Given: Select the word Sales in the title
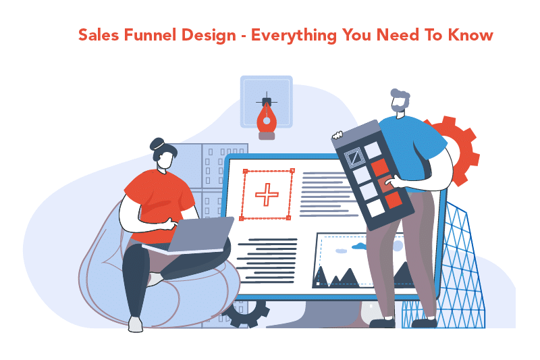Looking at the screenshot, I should (97, 35).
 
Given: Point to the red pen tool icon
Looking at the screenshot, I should (267, 118).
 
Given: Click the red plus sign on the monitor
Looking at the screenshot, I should (267, 195).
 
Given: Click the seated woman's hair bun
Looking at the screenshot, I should (157, 143).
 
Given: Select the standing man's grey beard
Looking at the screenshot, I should (400, 107).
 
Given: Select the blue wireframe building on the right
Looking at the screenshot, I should (459, 270).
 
